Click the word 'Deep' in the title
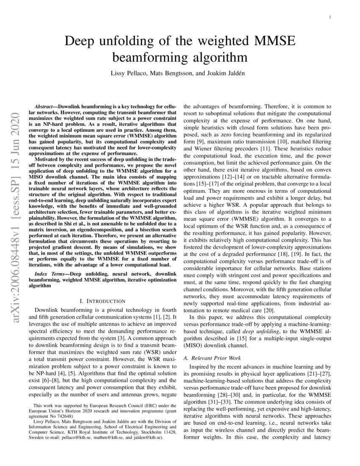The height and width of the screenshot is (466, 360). pos(83,42)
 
